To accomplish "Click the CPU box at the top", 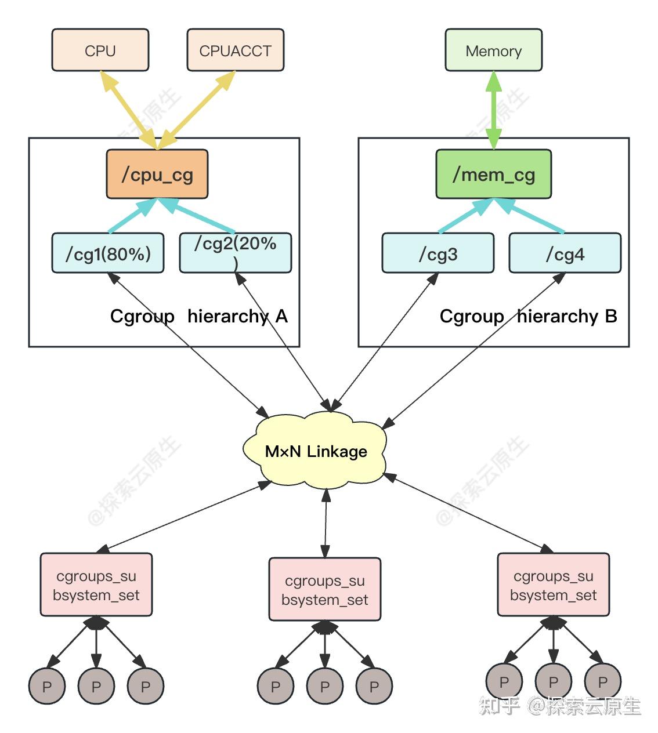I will pos(100,50).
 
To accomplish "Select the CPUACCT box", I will pos(235,50).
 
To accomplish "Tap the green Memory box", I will pos(493,50).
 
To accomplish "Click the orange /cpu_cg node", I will pos(157,174).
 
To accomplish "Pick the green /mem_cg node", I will pos(493,174).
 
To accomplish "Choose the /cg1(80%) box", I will pos(107,253).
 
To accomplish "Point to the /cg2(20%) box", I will pos(235,253).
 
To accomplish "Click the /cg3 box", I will pos(438,253).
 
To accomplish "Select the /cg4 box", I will pos(565,253).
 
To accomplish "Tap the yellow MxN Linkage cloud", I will pos(316,451).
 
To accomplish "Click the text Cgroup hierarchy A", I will pos(198,316).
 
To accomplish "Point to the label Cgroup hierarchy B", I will pos(528,316).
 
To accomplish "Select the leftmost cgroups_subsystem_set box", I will pos(96,585).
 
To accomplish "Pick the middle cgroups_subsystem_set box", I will pos(325,589).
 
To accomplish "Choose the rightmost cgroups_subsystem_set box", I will pos(553,585).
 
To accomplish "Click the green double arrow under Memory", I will pos(493,110).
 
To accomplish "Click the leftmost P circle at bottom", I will pos(46,686).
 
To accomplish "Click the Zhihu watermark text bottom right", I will pos(559,705).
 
